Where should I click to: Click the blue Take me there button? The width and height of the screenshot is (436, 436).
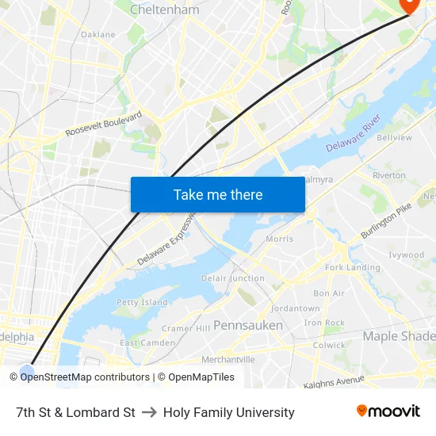pos(218,194)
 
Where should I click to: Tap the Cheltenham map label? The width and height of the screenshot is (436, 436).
pos(164,10)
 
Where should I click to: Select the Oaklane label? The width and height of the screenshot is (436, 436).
pos(98,35)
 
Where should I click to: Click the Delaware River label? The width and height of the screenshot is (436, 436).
pos(354,135)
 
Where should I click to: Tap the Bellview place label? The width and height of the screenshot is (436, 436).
pos(395,137)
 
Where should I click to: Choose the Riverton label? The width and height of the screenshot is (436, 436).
pos(388,175)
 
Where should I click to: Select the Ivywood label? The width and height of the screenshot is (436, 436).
pos(407,255)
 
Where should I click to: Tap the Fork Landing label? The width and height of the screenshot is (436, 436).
pos(353,268)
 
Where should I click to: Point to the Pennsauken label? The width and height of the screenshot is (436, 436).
pos(248,325)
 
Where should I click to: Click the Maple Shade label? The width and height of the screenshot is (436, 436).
pos(398,336)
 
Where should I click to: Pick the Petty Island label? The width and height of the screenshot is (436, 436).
pos(142,302)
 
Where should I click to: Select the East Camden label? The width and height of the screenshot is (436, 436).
pos(147,342)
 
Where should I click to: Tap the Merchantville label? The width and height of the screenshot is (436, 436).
pos(228,359)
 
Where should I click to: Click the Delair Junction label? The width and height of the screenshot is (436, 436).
pos(233,278)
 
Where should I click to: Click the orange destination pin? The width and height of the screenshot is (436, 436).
pos(409,4)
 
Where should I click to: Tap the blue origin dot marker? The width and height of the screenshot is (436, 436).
pos(28,372)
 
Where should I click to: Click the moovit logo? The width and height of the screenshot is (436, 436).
pos(388,411)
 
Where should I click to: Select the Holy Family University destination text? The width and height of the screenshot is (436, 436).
pos(229,412)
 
